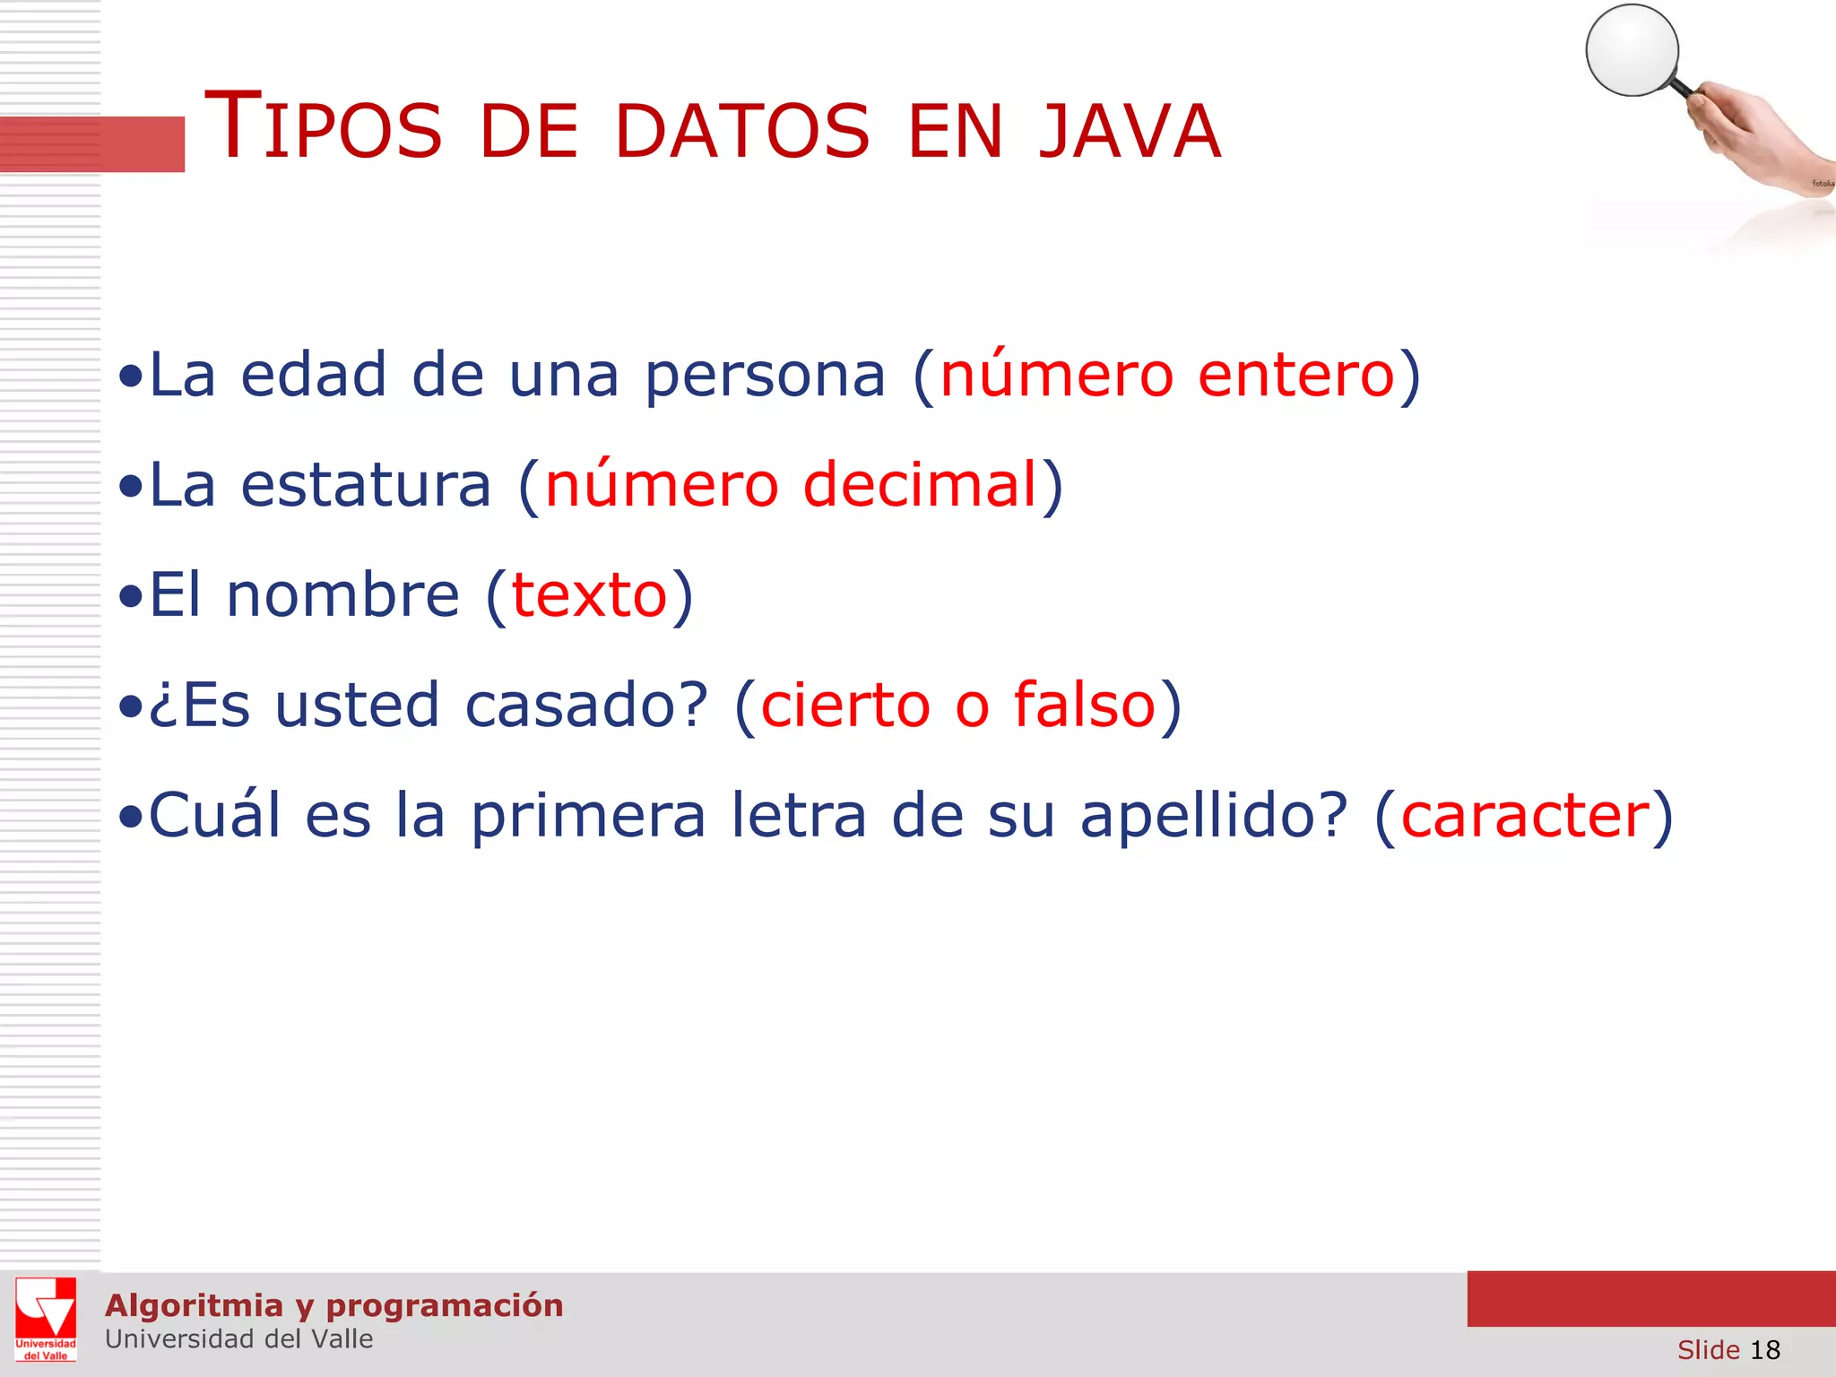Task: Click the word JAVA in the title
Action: [x=1130, y=132]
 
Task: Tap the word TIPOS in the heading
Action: [x=324, y=128]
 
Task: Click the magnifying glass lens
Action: [x=1632, y=50]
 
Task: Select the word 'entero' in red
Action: [x=1296, y=375]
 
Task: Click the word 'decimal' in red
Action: [x=920, y=485]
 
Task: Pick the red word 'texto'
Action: [x=589, y=595]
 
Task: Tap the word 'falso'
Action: [x=1085, y=705]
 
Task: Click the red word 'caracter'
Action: [x=1525, y=815]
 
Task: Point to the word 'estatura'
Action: [x=366, y=485]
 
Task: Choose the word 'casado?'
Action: [x=587, y=705]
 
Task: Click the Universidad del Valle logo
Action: [x=46, y=1319]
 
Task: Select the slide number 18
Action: [x=1765, y=1349]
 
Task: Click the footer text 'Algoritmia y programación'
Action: [x=333, y=1305]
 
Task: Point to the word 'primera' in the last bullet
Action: [x=588, y=817]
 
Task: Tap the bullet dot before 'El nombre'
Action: [x=131, y=595]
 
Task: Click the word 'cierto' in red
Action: [x=845, y=705]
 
